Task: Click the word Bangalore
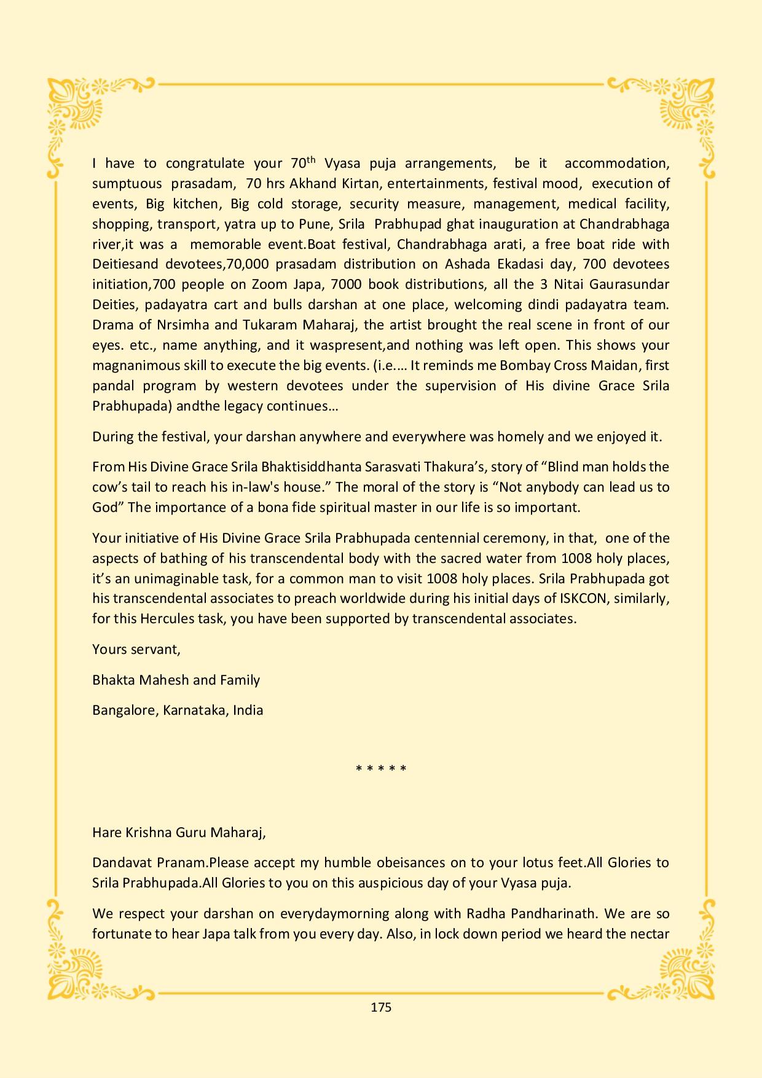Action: point(125,710)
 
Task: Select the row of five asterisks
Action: point(381,769)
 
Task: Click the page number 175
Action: point(381,1007)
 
